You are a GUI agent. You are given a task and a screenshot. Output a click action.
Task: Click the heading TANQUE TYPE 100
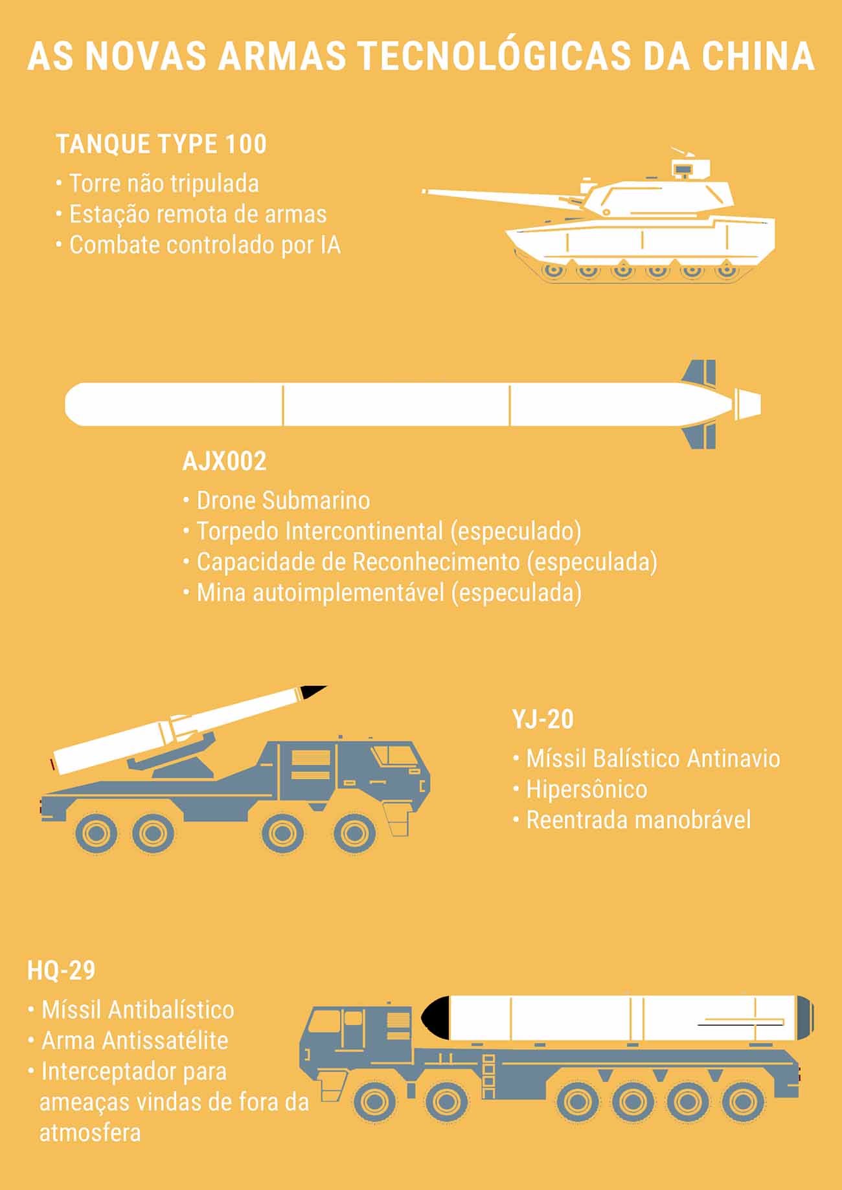[x=161, y=144]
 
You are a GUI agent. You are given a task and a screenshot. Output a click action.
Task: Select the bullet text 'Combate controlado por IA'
[x=205, y=245]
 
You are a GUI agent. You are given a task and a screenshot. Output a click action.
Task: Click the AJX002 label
[x=224, y=461]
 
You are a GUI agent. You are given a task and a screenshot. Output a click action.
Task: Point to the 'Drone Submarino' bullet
[x=283, y=500]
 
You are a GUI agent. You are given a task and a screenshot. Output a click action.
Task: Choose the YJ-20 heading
[x=543, y=719]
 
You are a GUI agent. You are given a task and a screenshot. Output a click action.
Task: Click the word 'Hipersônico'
[x=586, y=789]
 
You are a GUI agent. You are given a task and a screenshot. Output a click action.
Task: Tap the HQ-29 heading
[x=62, y=970]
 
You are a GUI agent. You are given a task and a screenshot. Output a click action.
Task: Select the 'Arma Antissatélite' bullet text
[x=135, y=1041]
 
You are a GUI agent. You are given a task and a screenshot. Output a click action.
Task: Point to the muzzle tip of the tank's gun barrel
[x=425, y=191]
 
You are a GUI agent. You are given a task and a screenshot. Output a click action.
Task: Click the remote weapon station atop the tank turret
[x=689, y=166]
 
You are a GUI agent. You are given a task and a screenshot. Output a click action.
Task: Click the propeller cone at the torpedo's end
[x=747, y=404]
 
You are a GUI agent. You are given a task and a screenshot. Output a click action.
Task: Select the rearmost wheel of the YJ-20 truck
[x=97, y=833]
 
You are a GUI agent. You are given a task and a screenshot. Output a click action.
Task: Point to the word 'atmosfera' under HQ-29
[x=90, y=1133]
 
